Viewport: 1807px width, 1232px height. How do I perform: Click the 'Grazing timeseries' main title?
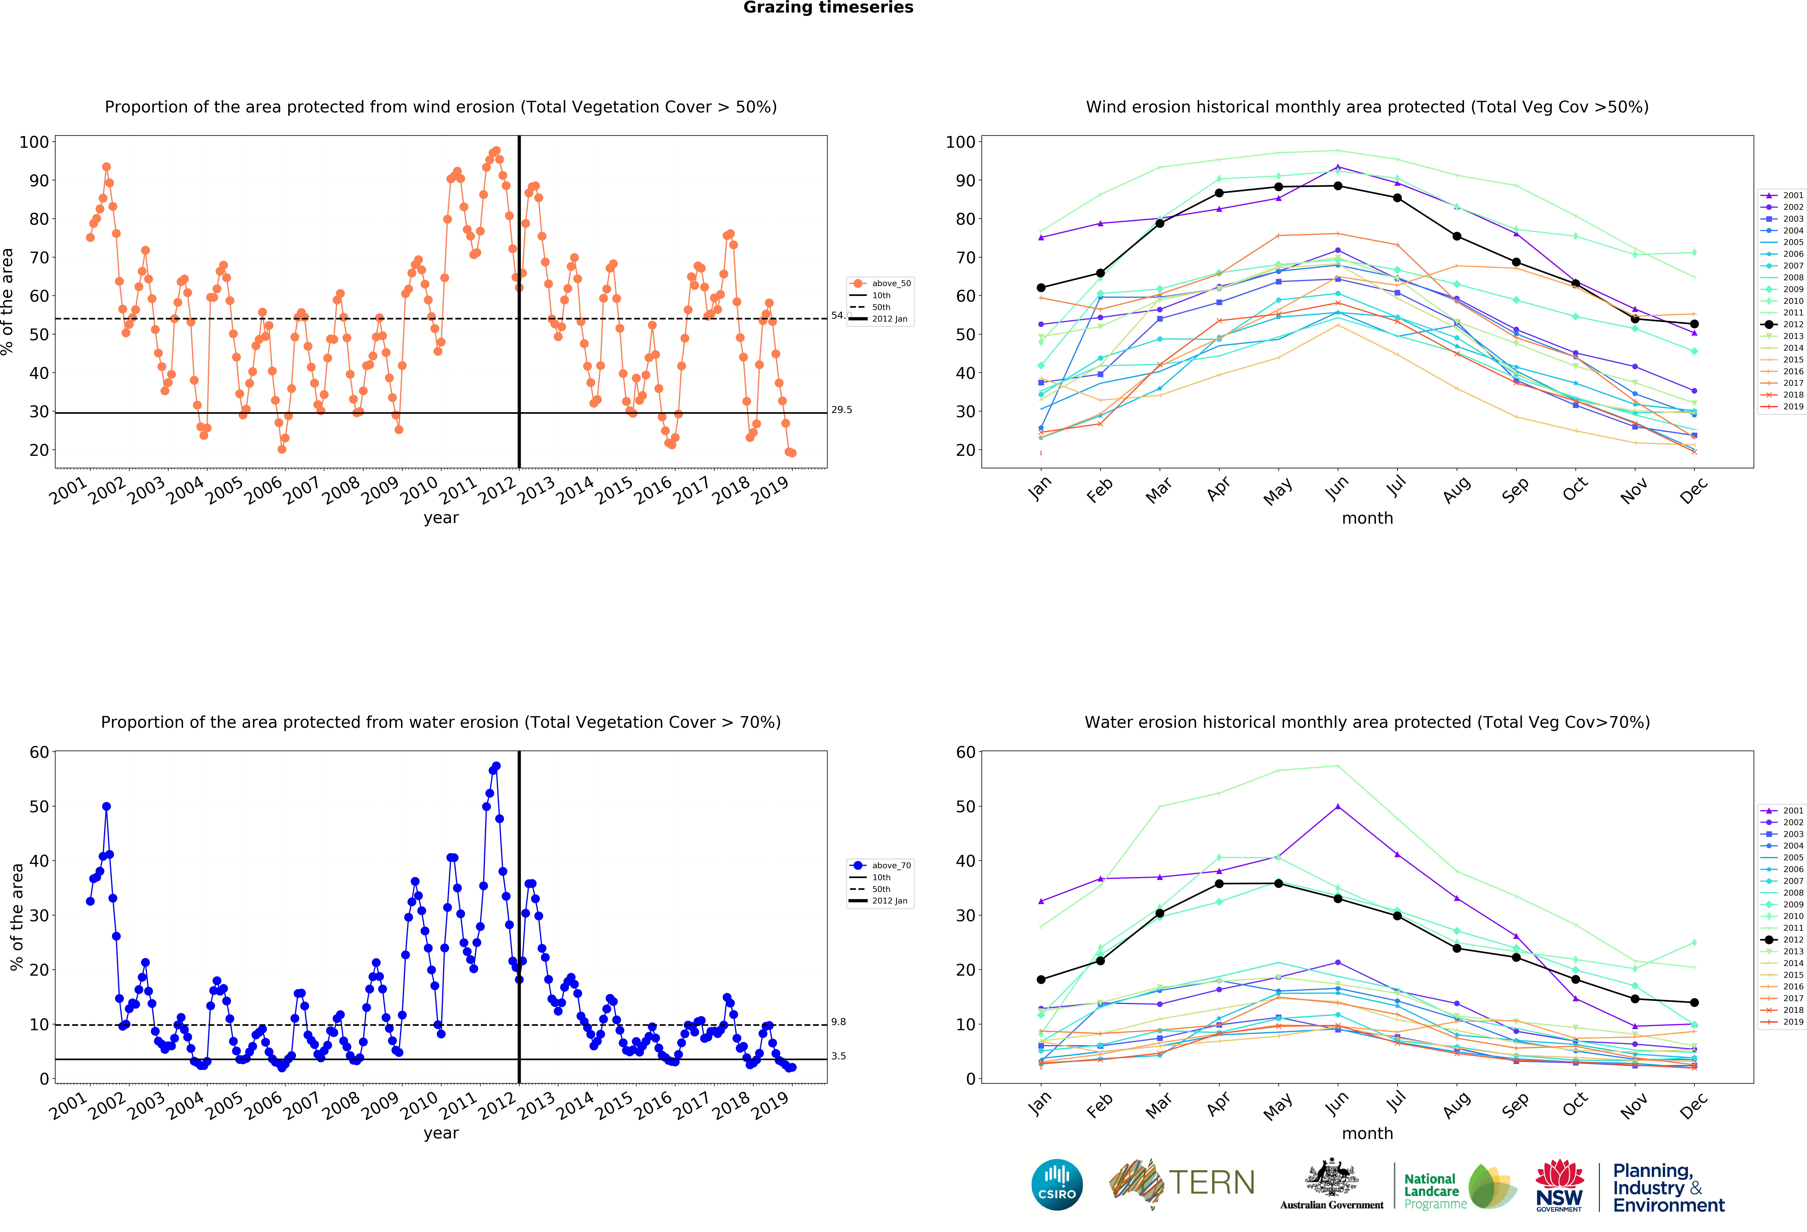point(828,8)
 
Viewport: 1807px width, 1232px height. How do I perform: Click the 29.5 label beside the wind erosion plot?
point(841,410)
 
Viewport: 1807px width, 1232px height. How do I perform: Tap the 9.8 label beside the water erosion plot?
point(838,1022)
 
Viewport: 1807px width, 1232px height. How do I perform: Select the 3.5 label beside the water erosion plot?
point(838,1056)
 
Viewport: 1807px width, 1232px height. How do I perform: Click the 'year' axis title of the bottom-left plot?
point(441,1133)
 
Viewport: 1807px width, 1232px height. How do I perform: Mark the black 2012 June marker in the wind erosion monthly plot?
point(1337,186)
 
